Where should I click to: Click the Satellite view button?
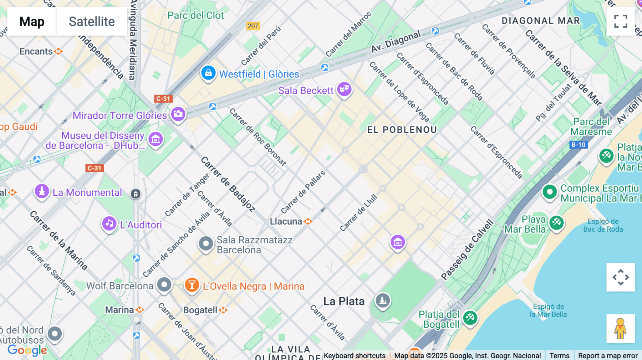tap(92, 21)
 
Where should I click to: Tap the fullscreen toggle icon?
tap(621, 21)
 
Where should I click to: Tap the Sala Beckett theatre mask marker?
tap(344, 89)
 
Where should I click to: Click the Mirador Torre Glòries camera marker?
tap(178, 114)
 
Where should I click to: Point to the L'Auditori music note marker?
tap(109, 224)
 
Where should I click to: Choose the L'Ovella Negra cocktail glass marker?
tap(192, 285)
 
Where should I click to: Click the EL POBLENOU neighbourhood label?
tap(402, 130)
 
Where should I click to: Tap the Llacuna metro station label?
tap(286, 221)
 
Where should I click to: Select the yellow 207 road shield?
tap(253, 26)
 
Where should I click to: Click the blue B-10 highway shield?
tap(579, 145)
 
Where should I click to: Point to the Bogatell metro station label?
tap(200, 310)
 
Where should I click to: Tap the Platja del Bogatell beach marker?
tap(470, 317)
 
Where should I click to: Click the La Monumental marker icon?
tap(42, 191)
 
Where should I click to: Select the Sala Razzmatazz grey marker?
tap(206, 244)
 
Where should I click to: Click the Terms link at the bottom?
tap(559, 355)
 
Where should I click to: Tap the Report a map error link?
tap(608, 355)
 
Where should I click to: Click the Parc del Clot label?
tap(195, 15)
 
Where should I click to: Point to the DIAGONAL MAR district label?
tap(541, 21)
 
